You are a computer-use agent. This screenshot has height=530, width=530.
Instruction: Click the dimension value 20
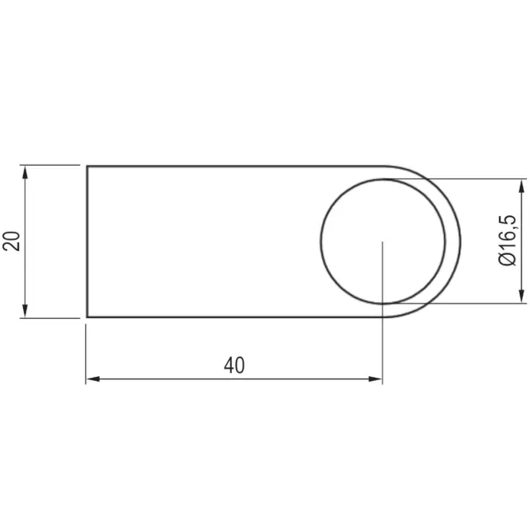click(11, 241)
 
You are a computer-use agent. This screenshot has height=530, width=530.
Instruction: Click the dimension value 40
click(234, 365)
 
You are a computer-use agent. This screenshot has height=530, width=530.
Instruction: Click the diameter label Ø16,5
click(508, 240)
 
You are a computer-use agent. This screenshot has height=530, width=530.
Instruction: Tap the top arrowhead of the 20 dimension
click(25, 173)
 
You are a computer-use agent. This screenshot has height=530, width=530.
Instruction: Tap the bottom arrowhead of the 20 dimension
click(25, 310)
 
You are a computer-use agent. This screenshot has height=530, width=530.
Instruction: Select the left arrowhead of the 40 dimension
click(93, 379)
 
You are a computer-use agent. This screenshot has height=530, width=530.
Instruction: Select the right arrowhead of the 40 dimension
click(375, 379)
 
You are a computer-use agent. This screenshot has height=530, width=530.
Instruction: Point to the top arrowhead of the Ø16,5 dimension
click(522, 186)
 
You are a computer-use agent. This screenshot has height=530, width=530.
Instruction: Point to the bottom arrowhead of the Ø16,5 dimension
click(522, 296)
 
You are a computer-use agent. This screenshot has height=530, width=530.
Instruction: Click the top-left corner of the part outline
click(87, 167)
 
